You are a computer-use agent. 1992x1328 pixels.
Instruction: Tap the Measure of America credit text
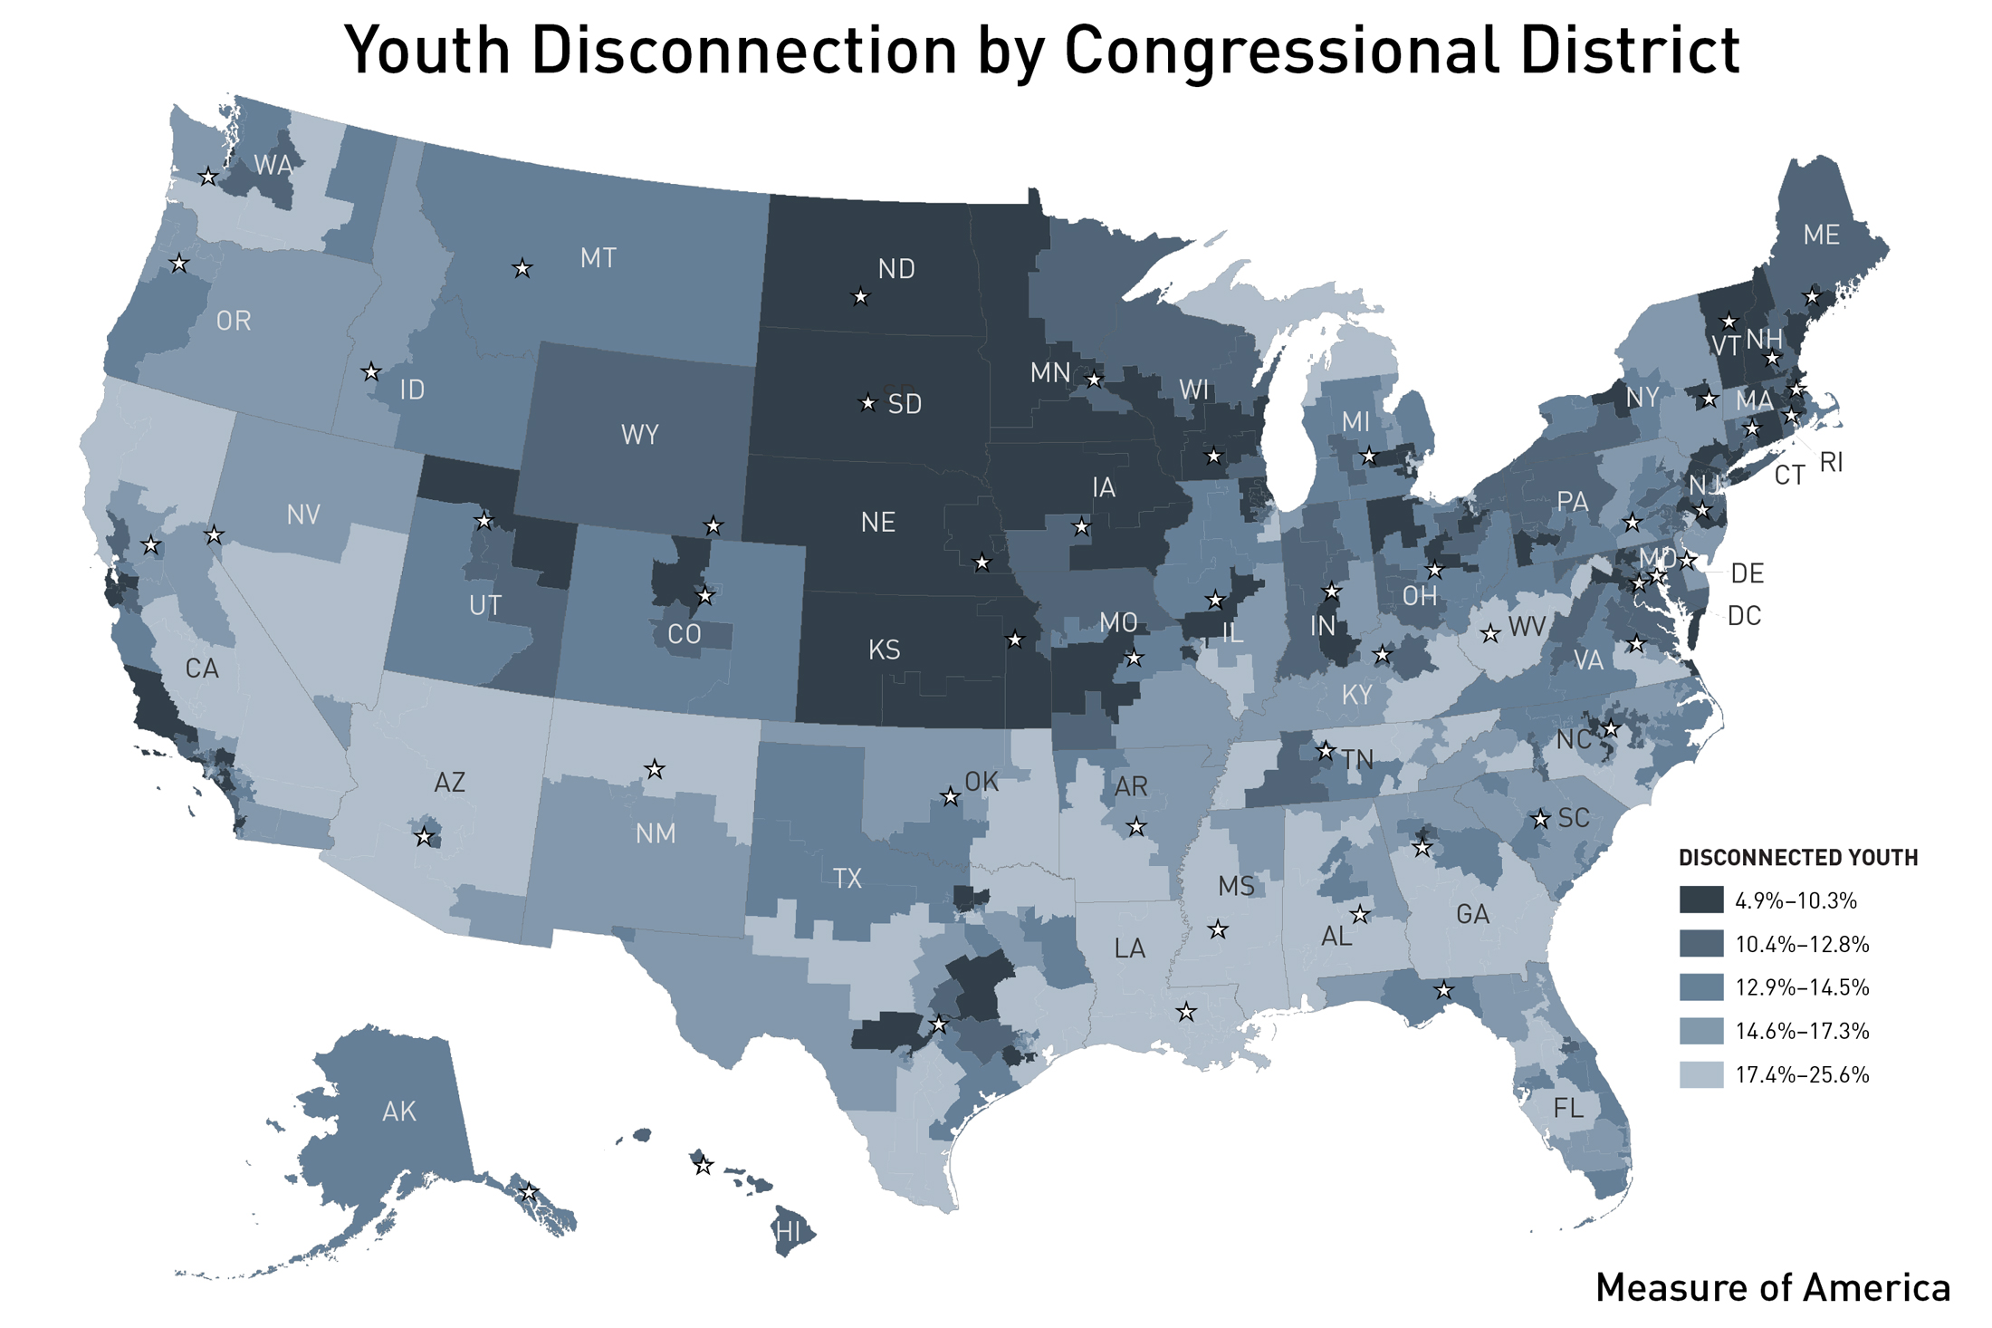pos(1772,1287)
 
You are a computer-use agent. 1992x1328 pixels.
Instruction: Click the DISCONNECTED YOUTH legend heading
pos(1797,857)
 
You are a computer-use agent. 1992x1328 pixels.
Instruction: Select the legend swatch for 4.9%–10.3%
pos(1700,900)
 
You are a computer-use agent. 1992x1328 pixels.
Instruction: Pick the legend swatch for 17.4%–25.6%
pos(1700,1074)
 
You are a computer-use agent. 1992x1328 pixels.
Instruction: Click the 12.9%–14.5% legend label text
pos(1802,987)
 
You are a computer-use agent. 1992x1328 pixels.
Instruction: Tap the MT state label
pos(598,259)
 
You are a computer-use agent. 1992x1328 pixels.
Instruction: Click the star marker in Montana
pos(522,269)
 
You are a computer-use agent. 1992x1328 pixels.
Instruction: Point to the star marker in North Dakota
pos(860,297)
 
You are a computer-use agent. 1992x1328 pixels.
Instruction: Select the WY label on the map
pos(639,435)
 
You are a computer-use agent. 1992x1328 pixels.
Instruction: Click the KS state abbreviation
pos(884,650)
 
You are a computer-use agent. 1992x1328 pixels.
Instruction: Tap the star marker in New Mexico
pos(655,770)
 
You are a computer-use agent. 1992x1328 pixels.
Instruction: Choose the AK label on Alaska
pos(398,1111)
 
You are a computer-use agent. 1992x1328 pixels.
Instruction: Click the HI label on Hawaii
pos(788,1232)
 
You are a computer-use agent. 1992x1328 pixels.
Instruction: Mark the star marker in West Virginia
pos(1490,634)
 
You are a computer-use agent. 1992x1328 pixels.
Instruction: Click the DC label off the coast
pos(1744,617)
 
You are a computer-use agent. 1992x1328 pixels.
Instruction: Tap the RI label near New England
pos(1830,463)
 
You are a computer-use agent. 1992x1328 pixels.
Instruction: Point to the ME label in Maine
pos(1821,236)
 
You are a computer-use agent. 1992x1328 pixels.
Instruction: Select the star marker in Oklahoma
pos(950,797)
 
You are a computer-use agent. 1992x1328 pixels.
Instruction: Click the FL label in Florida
pos(1568,1108)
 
